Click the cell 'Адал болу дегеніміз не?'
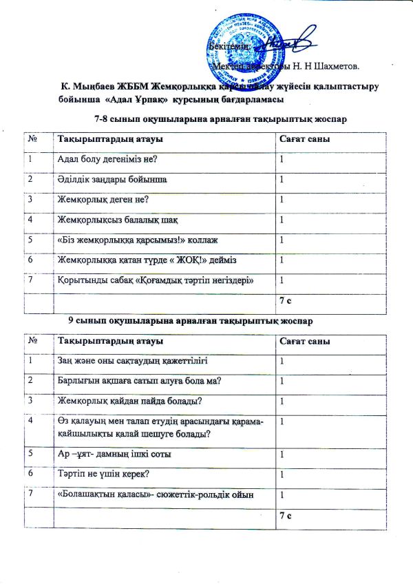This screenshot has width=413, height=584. coord(109,160)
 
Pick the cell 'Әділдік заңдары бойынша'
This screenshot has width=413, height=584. coord(110,180)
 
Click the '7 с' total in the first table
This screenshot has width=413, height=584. coord(286,300)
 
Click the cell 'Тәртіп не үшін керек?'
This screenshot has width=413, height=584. coord(104,474)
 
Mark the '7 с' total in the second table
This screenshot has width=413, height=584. coord(286,515)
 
